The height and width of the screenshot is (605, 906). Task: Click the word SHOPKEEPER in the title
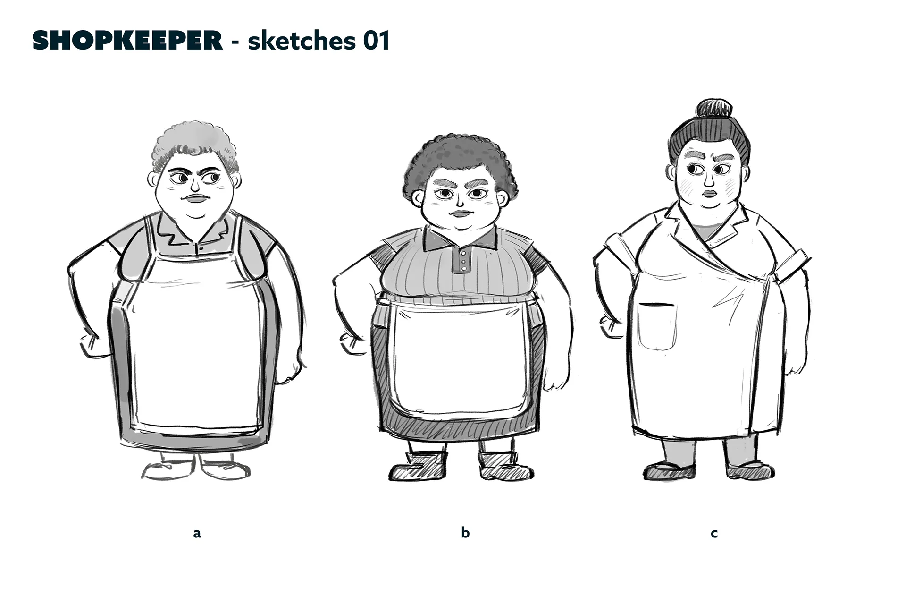click(x=127, y=41)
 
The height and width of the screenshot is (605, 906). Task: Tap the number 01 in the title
click(x=377, y=41)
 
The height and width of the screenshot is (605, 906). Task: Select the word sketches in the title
click(x=302, y=41)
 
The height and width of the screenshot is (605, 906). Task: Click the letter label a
click(x=197, y=534)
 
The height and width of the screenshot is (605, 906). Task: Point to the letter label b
click(x=465, y=532)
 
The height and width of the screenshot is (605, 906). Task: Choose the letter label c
click(x=714, y=534)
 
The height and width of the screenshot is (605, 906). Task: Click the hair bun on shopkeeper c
click(x=713, y=109)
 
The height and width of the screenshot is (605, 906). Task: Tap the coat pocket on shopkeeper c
click(x=657, y=326)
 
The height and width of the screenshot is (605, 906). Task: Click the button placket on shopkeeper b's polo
click(x=462, y=261)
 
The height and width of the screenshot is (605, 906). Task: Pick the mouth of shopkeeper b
click(x=461, y=213)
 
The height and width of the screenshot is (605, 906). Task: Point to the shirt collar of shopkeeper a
click(x=195, y=231)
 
